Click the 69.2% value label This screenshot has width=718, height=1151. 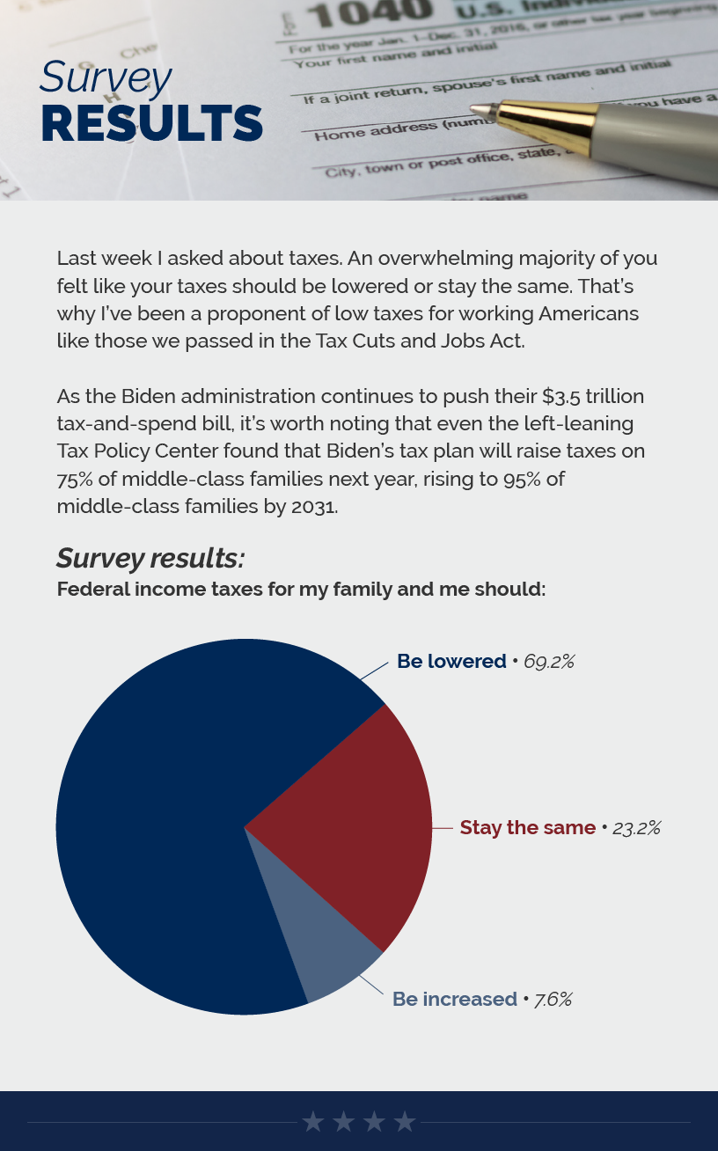point(549,661)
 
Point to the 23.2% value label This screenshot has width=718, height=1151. point(636,827)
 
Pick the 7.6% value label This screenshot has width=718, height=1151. point(553,999)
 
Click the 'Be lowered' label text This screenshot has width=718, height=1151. point(451,661)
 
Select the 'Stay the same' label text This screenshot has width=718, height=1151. point(528,827)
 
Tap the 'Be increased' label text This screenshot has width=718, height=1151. point(454,999)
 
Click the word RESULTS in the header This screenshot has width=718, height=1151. point(151,124)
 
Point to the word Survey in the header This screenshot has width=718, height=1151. point(105,77)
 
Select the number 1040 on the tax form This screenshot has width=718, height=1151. point(370,12)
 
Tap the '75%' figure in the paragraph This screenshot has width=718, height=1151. point(77,479)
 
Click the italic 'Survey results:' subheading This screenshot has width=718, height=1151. point(150,558)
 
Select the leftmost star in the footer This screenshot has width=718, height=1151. point(313,1121)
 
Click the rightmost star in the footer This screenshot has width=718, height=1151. point(405,1121)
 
